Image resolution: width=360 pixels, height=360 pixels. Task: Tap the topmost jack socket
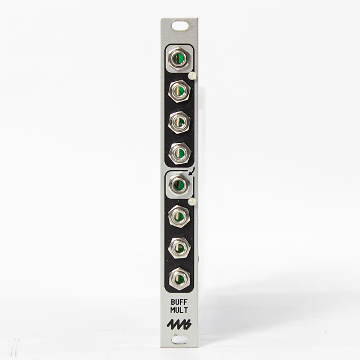point(179,59)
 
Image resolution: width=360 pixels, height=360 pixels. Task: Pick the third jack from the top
point(179,121)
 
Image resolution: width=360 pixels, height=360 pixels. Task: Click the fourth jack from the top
point(179,153)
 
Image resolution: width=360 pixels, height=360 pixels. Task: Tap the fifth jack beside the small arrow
point(178,185)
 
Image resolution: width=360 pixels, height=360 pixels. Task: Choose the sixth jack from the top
point(179,217)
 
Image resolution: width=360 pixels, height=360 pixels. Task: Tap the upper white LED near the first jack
point(193,76)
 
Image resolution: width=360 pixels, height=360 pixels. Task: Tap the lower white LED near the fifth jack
point(193,201)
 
